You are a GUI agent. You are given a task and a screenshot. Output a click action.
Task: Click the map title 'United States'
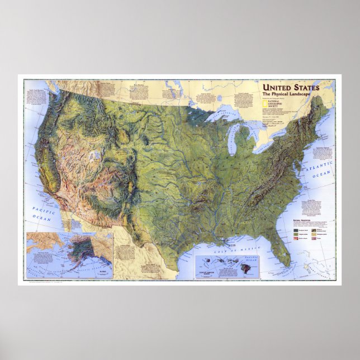(291, 87)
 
